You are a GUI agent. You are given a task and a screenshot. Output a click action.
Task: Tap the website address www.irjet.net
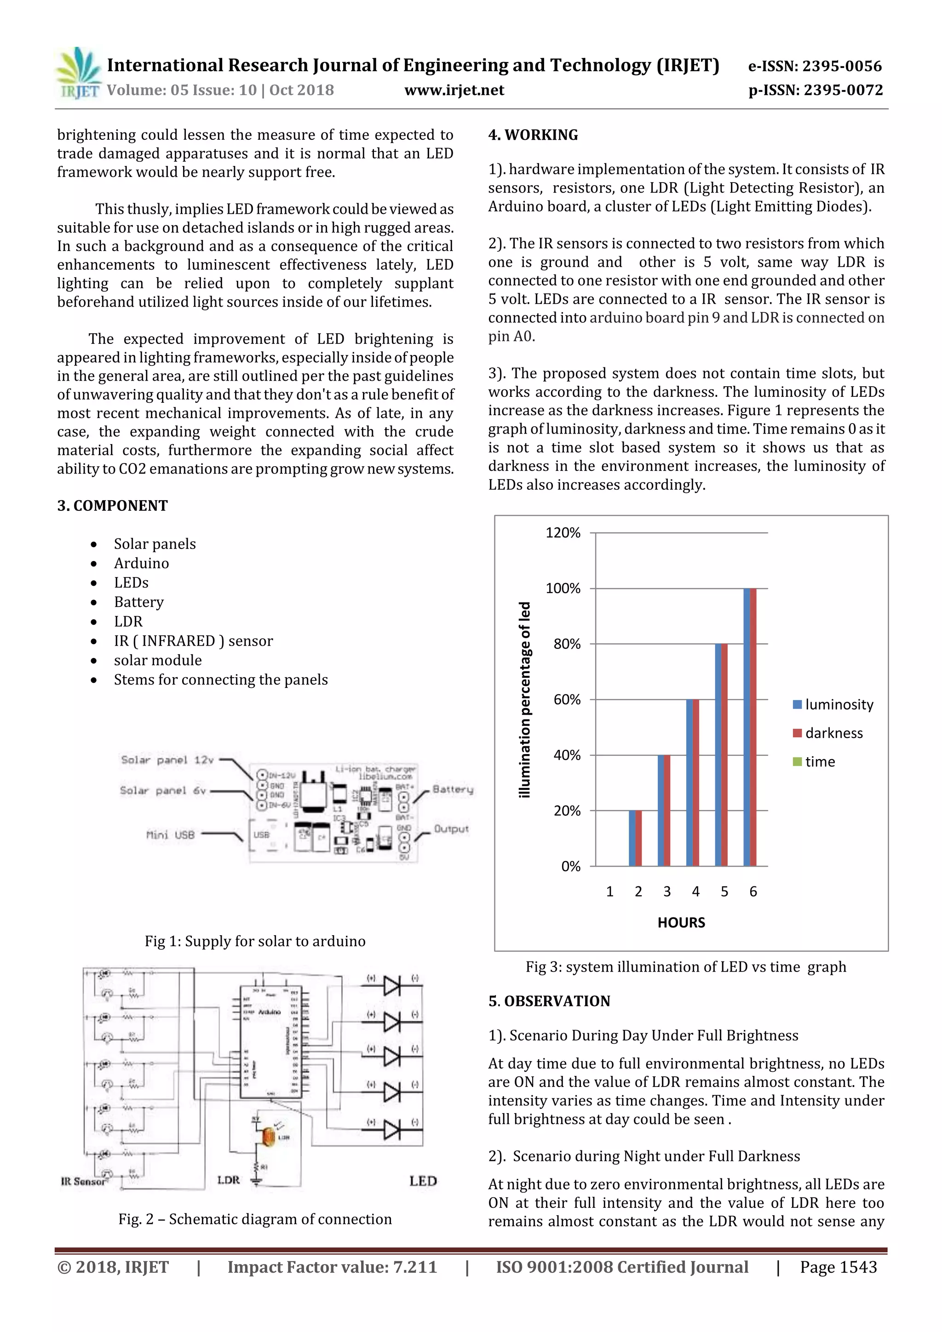tap(454, 90)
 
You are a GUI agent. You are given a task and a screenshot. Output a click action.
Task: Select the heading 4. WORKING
tap(533, 135)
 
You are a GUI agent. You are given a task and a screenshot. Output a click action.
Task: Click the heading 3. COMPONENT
tap(112, 505)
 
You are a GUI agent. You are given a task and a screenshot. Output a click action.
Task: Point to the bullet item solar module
tap(157, 660)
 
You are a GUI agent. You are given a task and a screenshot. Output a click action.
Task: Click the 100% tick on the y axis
tap(563, 588)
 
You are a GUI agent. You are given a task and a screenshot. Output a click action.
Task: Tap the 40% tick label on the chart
tap(563, 755)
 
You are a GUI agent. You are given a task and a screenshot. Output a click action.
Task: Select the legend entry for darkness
tap(833, 733)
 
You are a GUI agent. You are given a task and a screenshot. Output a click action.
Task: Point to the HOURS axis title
tap(681, 922)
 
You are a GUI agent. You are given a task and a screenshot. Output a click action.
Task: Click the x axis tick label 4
tap(695, 892)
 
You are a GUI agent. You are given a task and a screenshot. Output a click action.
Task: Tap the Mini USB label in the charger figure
tap(170, 835)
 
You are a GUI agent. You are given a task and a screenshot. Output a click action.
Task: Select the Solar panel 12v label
tap(167, 760)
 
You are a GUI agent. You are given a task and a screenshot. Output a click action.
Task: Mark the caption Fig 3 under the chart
tap(685, 966)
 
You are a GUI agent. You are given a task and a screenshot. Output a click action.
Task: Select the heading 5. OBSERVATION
tap(549, 1001)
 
